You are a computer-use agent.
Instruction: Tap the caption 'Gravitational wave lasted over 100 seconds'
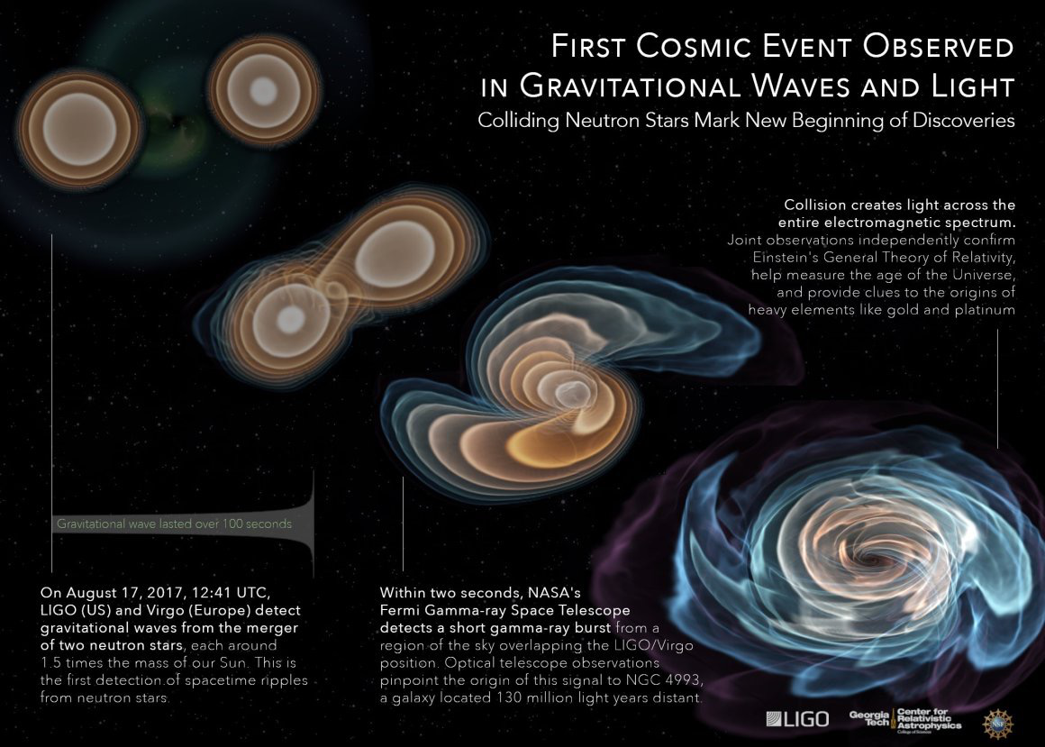pos(174,523)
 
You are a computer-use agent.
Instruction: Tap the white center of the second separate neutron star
pos(263,90)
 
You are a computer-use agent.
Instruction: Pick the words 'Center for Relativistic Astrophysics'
pos(928,719)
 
